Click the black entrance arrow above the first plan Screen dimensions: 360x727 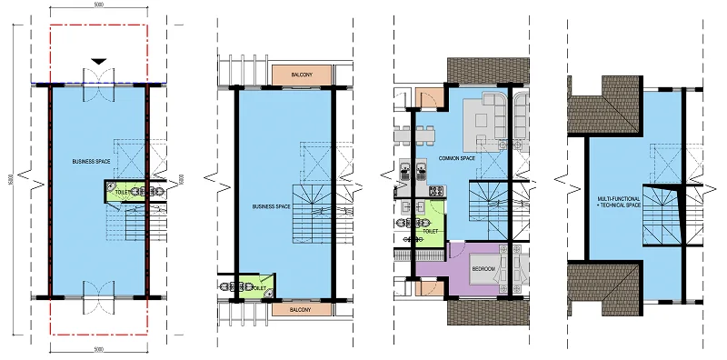tap(97, 61)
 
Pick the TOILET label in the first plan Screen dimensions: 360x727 tap(118, 191)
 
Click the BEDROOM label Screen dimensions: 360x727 tap(483, 270)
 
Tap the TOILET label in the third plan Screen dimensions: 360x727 tap(431, 231)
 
